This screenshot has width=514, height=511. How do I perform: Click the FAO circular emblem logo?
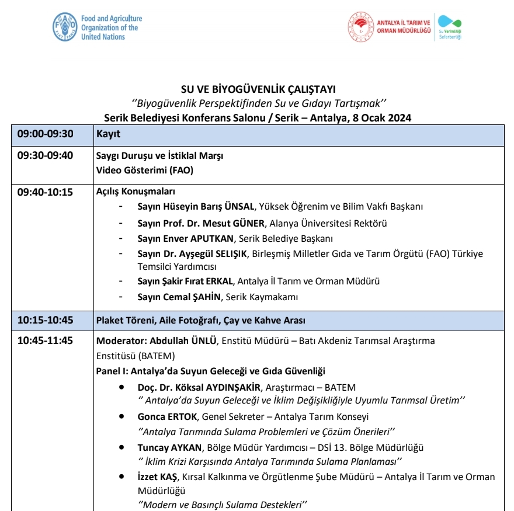[x=65, y=27]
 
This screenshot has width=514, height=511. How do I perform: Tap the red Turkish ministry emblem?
[x=360, y=27]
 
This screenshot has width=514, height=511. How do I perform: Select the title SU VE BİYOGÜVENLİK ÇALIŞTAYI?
[x=259, y=89]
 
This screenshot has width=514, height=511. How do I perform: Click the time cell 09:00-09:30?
[x=46, y=134]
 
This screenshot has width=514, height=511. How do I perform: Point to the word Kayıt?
[x=108, y=134]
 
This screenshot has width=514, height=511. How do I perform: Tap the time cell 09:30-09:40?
[x=46, y=156]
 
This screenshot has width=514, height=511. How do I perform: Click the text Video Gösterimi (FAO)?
[x=144, y=171]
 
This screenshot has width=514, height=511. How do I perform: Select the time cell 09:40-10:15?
[x=46, y=192]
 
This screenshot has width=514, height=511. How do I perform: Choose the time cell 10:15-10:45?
[x=46, y=320]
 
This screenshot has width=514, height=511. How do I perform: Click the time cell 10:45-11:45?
[x=46, y=341]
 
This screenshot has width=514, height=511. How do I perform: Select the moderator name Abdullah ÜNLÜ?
[x=183, y=341]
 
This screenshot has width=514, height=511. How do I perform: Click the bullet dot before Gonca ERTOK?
[x=121, y=417]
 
